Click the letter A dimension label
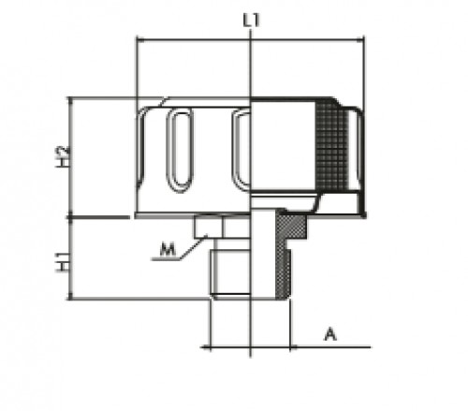pyautogui.click(x=329, y=333)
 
